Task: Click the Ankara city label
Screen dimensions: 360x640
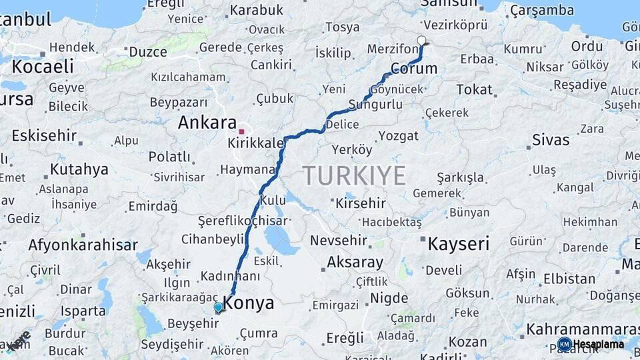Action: [207, 123]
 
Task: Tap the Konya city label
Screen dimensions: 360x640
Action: [248, 303]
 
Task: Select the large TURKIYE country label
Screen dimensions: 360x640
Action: [355, 176]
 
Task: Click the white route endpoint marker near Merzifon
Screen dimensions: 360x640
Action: [421, 41]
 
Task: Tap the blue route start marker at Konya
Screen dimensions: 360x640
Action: [218, 307]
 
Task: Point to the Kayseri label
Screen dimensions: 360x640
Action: [459, 243]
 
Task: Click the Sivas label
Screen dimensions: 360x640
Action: [551, 140]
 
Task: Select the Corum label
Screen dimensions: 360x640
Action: [413, 69]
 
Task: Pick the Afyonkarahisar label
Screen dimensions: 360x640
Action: [83, 245]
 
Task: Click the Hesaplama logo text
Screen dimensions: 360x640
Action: [599, 344]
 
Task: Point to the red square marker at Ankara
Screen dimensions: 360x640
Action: [241, 131]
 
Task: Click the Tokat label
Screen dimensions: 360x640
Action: [474, 90]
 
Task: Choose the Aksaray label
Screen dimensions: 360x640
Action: [355, 262]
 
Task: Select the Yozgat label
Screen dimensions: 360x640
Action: [399, 136]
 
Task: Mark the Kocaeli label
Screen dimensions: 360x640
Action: [43, 67]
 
